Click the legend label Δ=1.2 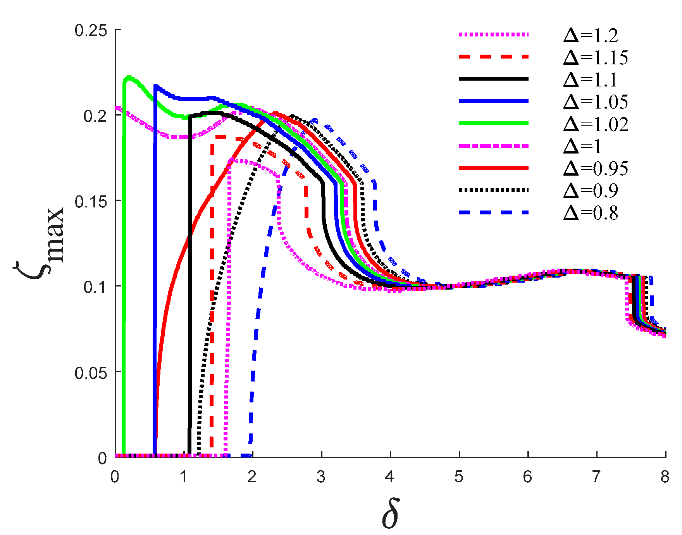coord(591,36)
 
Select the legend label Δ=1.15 coord(595,58)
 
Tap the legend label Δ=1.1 coord(591,80)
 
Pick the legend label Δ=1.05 coord(595,102)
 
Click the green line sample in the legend coord(494,123)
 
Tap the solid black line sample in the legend coord(494,79)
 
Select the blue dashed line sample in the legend coord(494,212)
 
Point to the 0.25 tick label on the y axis coord(91,30)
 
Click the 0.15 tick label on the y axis coord(91,202)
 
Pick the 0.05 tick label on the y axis coord(91,373)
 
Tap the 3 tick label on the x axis coord(321,477)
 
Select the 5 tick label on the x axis coord(459,477)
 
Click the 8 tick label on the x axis coord(665,477)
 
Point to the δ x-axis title coord(390,514)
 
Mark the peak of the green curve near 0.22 coord(129,77)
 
